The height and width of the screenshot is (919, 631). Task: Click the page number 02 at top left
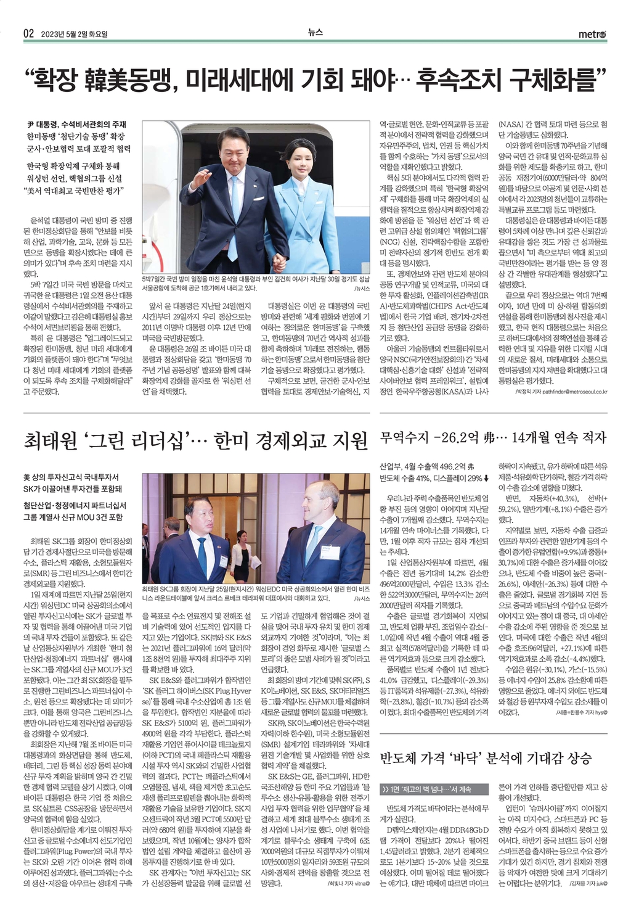click(28, 33)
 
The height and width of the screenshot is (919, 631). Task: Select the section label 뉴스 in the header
click(315, 33)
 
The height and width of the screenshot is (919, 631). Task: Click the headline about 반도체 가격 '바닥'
click(486, 757)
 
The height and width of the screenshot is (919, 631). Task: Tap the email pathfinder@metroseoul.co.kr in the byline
click(566, 392)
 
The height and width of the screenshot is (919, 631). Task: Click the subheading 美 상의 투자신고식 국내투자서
click(71, 477)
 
